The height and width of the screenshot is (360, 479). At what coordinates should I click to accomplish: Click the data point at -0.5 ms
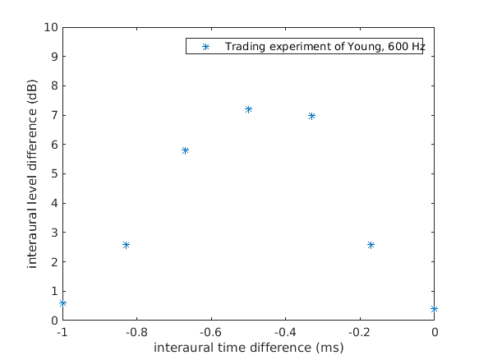pyautogui.click(x=248, y=109)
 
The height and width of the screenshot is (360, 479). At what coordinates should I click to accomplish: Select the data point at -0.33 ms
pyautogui.click(x=311, y=116)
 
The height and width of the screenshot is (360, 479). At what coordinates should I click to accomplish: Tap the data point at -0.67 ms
pyautogui.click(x=185, y=150)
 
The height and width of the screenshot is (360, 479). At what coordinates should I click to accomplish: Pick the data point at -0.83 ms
pyautogui.click(x=126, y=245)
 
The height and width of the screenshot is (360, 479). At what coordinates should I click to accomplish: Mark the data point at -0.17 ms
pyautogui.click(x=371, y=245)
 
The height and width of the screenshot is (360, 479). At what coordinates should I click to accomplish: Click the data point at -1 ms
pyautogui.click(x=62, y=303)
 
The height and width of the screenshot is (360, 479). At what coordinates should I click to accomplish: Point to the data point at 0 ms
pyautogui.click(x=434, y=309)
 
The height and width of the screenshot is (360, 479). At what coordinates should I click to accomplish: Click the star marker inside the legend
pyautogui.click(x=206, y=47)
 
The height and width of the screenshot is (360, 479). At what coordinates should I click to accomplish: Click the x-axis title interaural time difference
pyautogui.click(x=248, y=348)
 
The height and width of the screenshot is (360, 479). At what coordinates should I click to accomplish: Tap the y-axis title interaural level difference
pyautogui.click(x=33, y=173)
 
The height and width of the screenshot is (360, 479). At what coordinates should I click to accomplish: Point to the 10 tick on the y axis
pyautogui.click(x=52, y=27)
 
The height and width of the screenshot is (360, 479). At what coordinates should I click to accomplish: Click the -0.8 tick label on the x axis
pyautogui.click(x=136, y=332)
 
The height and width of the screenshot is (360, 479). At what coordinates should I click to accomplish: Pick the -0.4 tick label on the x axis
pyautogui.click(x=285, y=332)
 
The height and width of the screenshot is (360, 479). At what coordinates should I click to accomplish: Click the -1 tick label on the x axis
pyautogui.click(x=62, y=332)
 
